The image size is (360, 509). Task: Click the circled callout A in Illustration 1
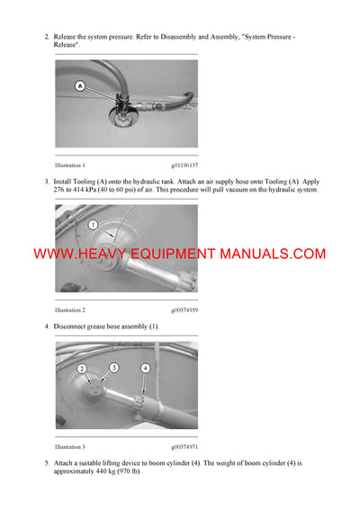[x=80, y=86]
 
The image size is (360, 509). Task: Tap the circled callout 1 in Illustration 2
[x=93, y=225]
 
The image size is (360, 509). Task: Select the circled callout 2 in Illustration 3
[x=81, y=370]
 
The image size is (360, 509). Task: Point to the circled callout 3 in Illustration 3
[x=113, y=368]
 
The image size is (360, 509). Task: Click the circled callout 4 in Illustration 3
[x=146, y=369]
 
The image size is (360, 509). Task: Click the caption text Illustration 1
[x=70, y=165]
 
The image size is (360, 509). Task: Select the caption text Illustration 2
[x=70, y=309]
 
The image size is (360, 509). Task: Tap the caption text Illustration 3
[x=70, y=445]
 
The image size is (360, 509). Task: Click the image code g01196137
[x=184, y=165]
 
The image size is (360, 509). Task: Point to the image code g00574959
[x=184, y=309]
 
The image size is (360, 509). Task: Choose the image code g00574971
[x=184, y=445]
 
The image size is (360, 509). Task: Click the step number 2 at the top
[x=47, y=36]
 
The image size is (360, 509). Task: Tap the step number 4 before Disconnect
[x=47, y=325]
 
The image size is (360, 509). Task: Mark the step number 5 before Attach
[x=47, y=461]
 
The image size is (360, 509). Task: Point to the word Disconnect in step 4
[x=75, y=325]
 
